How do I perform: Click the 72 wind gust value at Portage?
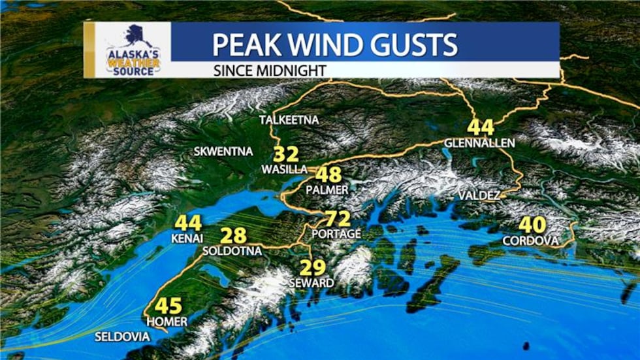coord(338,219)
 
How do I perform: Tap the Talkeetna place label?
coord(289,120)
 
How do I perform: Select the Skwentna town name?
coord(223,152)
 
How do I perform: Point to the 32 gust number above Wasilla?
coord(285,155)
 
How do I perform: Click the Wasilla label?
coord(284,169)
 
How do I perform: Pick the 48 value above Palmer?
coord(328,175)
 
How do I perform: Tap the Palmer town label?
coord(330,189)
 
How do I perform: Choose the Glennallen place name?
coord(479,142)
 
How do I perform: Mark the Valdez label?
coord(479,196)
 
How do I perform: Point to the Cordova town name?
coord(531,241)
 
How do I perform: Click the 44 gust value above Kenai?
coord(188,223)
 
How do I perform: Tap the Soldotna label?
coord(232,251)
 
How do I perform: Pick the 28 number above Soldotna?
coord(232,236)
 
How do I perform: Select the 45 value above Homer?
coord(168,306)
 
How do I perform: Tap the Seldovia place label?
coord(122,337)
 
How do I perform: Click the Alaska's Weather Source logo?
coord(133,50)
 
